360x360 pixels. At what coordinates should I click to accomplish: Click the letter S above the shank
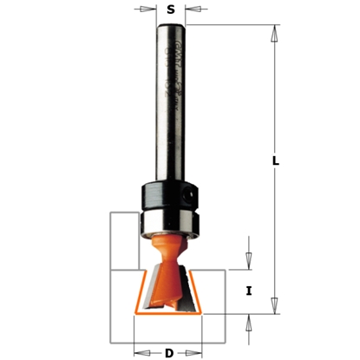171,10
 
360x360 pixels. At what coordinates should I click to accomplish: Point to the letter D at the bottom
169,352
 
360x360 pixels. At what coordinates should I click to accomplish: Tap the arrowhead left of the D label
139,352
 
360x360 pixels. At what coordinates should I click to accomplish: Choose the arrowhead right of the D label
200,352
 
